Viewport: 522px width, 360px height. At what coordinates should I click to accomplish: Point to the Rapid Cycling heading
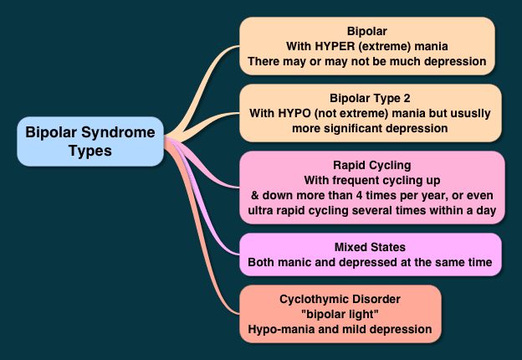(371, 165)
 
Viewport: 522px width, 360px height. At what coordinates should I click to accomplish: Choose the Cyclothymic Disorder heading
(340, 297)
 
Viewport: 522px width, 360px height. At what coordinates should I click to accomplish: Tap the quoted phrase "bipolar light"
(340, 313)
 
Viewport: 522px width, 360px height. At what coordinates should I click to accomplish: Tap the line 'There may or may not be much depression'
(366, 60)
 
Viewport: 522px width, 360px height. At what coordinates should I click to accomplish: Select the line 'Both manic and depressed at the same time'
(371, 262)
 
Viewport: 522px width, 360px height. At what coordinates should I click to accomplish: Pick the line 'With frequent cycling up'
(371, 181)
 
